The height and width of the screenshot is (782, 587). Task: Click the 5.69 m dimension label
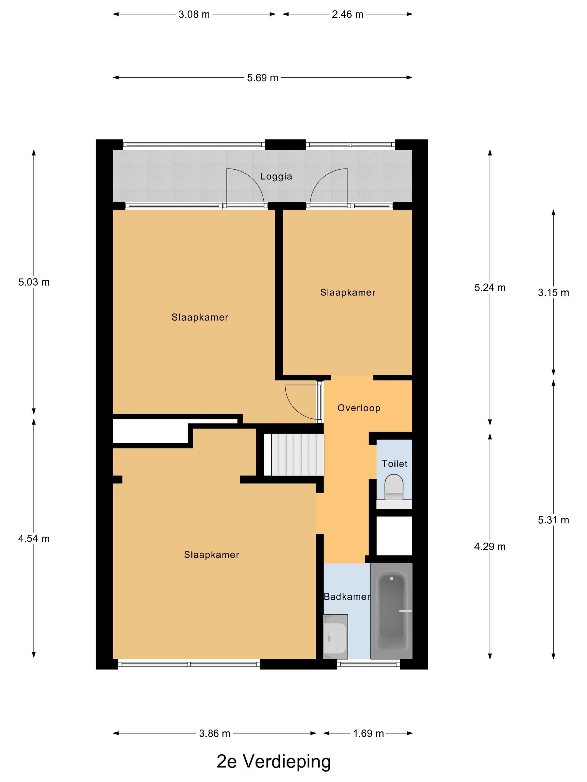click(262, 77)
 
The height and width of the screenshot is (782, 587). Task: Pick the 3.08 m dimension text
click(194, 14)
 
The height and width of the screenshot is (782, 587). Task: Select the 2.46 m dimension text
click(347, 14)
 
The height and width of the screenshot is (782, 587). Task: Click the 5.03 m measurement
click(34, 282)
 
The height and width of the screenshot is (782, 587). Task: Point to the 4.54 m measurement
click(34, 538)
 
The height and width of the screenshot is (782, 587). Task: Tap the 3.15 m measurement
click(553, 292)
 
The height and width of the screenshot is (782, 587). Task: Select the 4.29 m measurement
click(490, 547)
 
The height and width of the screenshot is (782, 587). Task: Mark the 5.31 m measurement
click(553, 520)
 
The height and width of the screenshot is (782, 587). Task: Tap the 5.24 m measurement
click(490, 287)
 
